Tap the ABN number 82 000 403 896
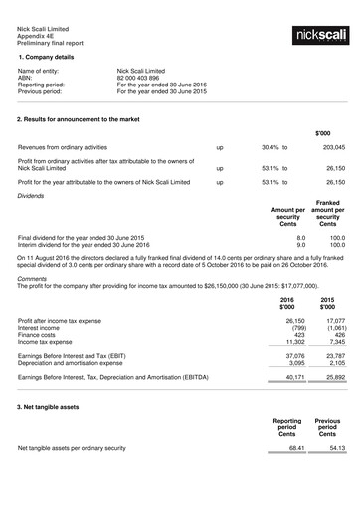(144, 80)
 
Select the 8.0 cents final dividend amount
(300, 238)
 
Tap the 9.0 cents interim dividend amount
(300, 245)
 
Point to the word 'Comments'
(33, 280)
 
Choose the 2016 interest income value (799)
(296, 328)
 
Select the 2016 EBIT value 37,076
(295, 355)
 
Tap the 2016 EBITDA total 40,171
(295, 377)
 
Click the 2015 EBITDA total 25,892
(334, 377)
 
